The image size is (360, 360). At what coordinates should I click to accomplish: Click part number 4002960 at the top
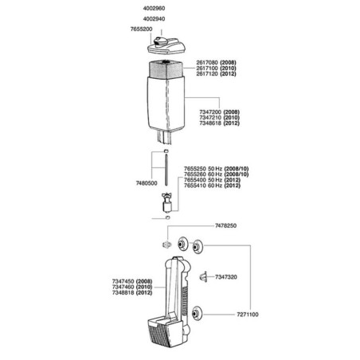pos(154,9)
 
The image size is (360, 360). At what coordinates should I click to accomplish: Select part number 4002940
pos(154,19)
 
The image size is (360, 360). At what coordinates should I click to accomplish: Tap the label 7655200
pos(141,29)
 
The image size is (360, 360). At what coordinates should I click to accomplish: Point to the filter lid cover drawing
pos(166,45)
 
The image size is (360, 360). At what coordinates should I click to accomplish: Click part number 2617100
pos(207,68)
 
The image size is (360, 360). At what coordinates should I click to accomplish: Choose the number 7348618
pos(210,123)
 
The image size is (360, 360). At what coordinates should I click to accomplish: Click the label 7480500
pos(147,183)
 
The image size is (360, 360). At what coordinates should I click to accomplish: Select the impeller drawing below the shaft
pos(167,202)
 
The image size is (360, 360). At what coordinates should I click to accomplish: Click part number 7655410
pos(195,186)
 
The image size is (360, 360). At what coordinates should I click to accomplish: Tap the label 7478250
pos(225,226)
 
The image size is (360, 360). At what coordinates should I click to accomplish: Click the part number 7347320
pos(226,277)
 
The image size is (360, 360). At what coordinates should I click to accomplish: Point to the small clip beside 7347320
pos(203,276)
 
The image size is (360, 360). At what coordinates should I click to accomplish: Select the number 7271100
pos(248,315)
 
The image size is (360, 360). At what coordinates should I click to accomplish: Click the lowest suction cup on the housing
pos(197,314)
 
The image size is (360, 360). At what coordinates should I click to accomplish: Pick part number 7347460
pos(123,287)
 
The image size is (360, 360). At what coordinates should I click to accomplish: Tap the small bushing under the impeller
pos(167,217)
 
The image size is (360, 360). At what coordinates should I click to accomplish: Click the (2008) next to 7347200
pos(231,112)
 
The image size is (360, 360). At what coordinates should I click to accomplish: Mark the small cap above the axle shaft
pos(166,151)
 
